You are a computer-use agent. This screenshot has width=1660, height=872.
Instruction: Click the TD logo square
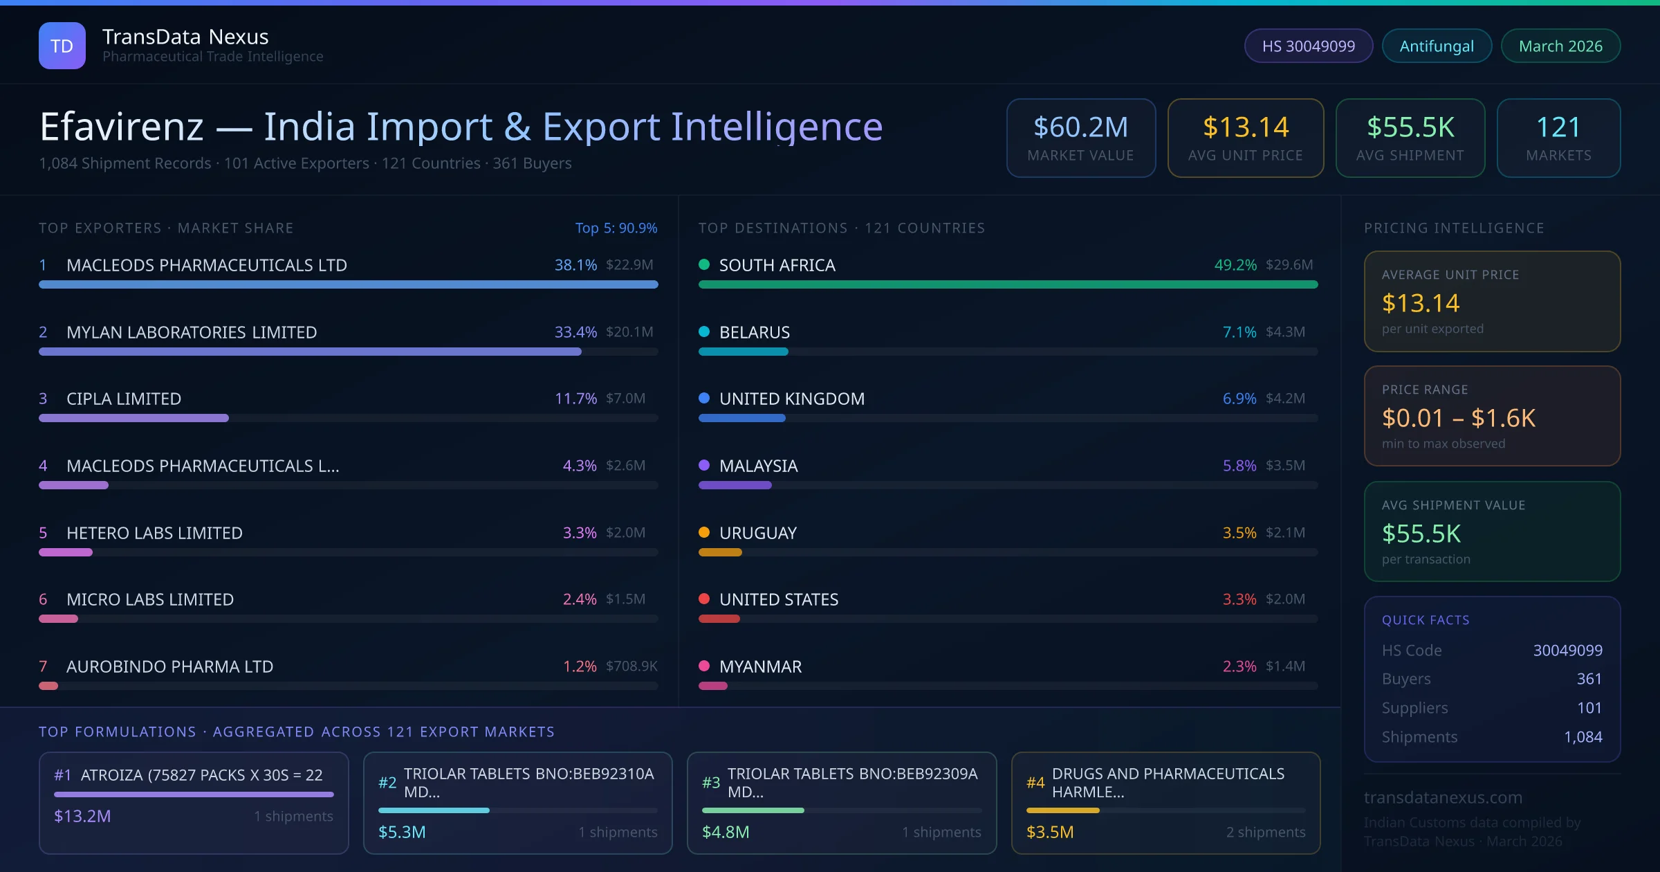[x=62, y=46]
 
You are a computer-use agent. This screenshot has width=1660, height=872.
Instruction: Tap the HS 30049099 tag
[x=1308, y=46]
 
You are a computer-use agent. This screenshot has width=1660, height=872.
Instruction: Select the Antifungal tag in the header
[x=1437, y=46]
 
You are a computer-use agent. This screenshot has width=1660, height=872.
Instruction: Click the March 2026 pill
[x=1560, y=46]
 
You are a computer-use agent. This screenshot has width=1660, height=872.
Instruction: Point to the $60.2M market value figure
[x=1080, y=127]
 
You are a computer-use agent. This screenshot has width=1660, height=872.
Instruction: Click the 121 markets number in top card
[x=1558, y=127]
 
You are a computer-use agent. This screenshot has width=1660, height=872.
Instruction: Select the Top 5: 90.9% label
[x=616, y=228]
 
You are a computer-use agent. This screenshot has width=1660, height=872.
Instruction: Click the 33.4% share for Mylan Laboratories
[x=575, y=332]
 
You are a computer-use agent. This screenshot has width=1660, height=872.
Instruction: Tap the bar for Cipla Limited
[x=133, y=418]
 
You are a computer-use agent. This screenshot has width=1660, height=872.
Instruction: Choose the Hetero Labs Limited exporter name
[x=154, y=533]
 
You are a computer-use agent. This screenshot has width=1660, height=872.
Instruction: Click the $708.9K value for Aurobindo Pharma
[x=631, y=666]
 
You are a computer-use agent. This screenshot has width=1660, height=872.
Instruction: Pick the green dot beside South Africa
[x=704, y=264]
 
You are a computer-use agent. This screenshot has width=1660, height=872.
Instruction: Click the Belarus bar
[x=744, y=352]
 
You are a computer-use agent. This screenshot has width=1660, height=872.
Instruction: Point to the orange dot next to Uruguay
[x=704, y=532]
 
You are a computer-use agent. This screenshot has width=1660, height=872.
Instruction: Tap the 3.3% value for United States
[x=1239, y=599]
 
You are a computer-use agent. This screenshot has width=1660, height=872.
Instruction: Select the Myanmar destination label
[x=760, y=666]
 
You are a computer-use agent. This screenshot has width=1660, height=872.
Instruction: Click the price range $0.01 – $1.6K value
[x=1458, y=418]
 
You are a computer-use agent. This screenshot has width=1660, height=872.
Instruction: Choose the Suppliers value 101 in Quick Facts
[x=1589, y=707]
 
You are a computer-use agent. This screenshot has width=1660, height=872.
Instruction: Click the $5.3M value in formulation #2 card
[x=402, y=832]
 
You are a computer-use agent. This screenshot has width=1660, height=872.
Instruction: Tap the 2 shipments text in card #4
[x=1265, y=832]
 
